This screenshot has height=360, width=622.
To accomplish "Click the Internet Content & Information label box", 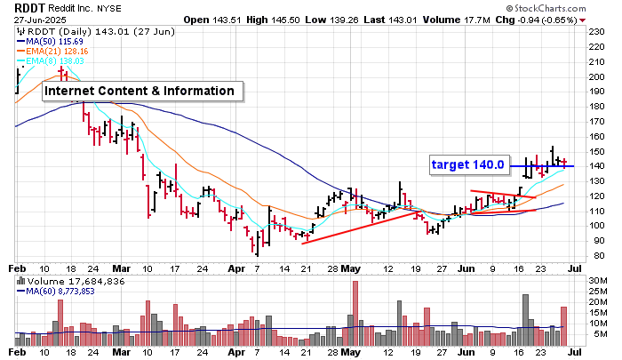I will [x=140, y=91].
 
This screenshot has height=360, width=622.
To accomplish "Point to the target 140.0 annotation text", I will [x=467, y=164].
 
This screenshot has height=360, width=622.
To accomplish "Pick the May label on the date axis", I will [x=354, y=267].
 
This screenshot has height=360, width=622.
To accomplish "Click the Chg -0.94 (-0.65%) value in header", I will [x=545, y=19].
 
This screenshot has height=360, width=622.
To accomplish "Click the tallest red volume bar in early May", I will [x=355, y=313].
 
